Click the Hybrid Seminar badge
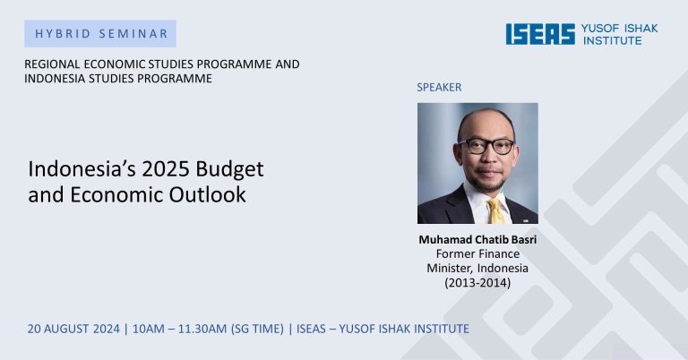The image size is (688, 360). (x=100, y=33)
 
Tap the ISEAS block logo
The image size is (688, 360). (x=540, y=34)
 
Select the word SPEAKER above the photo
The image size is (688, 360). (x=439, y=87)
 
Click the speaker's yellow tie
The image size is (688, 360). (x=495, y=211)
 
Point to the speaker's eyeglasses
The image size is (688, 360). (x=486, y=146)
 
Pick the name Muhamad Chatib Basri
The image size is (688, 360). (x=477, y=239)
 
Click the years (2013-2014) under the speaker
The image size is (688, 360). (x=477, y=283)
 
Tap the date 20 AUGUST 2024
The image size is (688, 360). (x=73, y=329)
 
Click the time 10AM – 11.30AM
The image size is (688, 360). (x=179, y=329)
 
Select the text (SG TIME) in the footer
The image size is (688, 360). (x=258, y=329)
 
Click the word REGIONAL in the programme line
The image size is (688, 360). (x=52, y=64)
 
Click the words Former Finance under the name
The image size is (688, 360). (x=477, y=254)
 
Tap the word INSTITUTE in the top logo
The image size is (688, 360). (x=612, y=40)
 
